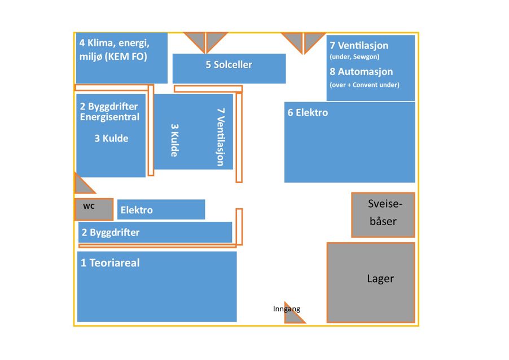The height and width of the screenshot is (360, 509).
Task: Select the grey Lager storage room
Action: [x=371, y=282]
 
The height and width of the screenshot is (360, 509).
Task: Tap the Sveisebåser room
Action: [x=383, y=214]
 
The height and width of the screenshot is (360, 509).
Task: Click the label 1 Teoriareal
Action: [x=110, y=263]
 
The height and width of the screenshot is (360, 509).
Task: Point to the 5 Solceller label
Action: [x=229, y=65]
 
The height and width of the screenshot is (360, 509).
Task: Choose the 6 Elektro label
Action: [x=308, y=113]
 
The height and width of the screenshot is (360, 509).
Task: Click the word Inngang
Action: [x=287, y=309]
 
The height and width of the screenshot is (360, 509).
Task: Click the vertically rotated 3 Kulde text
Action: [x=175, y=140]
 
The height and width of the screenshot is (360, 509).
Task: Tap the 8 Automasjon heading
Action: [x=361, y=72]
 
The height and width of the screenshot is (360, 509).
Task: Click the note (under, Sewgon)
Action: [x=354, y=57]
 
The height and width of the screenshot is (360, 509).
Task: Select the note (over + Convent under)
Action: [x=364, y=85]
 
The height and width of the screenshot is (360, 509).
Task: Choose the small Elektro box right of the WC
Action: [x=161, y=210]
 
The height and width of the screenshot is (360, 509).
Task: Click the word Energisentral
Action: [x=109, y=117]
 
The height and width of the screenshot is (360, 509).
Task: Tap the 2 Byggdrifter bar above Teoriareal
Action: [x=155, y=232]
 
